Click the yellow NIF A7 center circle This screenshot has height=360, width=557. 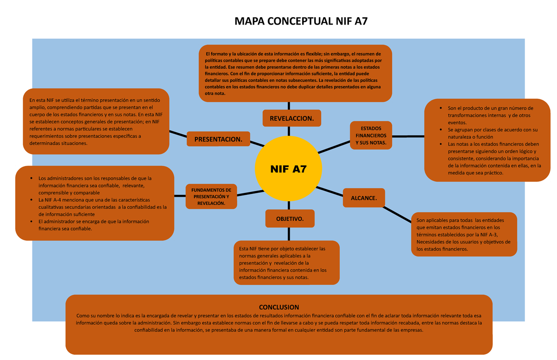click(288, 169)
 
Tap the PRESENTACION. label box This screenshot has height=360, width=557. click(218, 139)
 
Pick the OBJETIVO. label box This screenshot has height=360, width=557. click(290, 219)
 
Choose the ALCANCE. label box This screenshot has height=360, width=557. click(363, 198)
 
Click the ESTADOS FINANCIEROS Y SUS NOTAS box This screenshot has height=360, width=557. click(370, 135)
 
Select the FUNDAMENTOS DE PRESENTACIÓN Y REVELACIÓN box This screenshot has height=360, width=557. click(211, 197)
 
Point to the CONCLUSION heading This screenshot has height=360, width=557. click(279, 307)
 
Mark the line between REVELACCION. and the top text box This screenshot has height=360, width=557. click(289, 106)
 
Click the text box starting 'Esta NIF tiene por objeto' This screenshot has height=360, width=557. click(286, 263)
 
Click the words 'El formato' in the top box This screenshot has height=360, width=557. click(215, 53)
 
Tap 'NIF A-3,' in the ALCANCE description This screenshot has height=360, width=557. click(487, 235)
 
